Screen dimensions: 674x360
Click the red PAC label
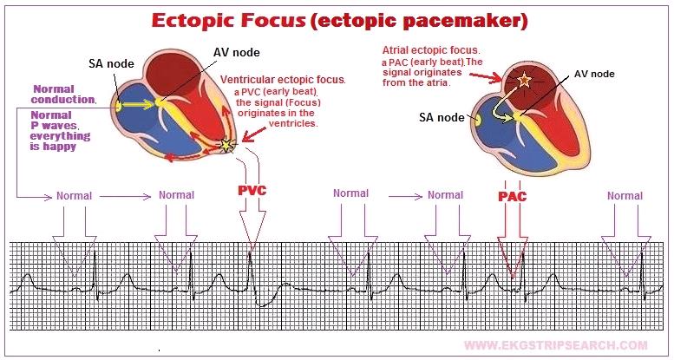(x=512, y=196)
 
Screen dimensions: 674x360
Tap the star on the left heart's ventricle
(x=227, y=145)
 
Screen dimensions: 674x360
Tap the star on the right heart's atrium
(x=523, y=82)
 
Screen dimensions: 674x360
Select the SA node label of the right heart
(x=442, y=117)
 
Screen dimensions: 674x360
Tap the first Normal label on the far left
(x=74, y=195)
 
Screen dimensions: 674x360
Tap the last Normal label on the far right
(x=625, y=195)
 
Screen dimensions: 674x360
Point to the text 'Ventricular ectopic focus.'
(x=283, y=79)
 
